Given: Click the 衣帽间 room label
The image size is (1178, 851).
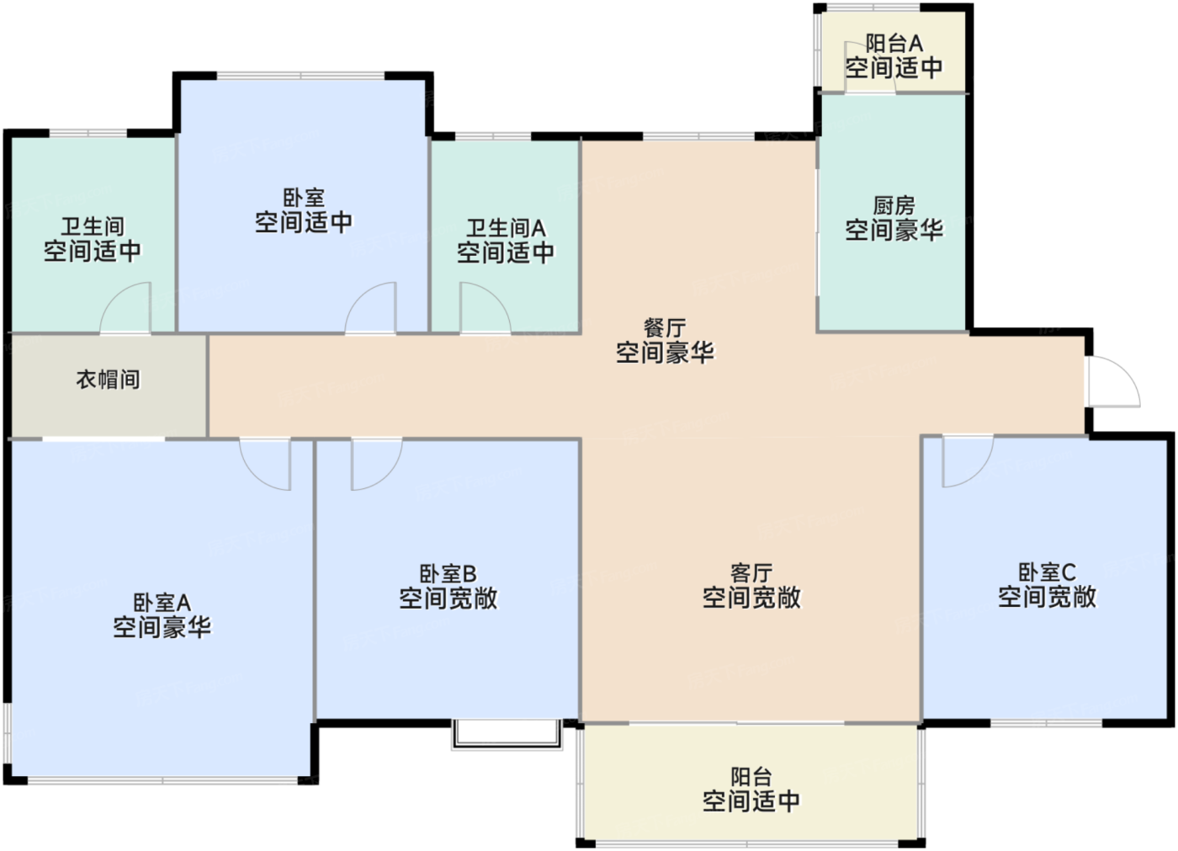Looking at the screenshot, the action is pyautogui.click(x=109, y=380).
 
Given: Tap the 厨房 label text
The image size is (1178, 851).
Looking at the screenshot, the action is pyautogui.click(x=894, y=205).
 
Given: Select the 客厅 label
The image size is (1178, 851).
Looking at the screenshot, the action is pyautogui.click(x=751, y=572).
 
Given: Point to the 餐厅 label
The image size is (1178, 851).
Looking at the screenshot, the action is pyautogui.click(x=666, y=328).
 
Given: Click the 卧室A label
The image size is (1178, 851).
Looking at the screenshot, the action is pyautogui.click(x=162, y=602).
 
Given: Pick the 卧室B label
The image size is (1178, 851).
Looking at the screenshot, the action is pyautogui.click(x=448, y=574).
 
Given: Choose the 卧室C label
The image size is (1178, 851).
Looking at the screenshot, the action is pyautogui.click(x=1047, y=572).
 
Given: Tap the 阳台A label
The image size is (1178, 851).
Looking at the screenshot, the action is pyautogui.click(x=894, y=43).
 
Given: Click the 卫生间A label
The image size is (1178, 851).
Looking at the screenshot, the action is pyautogui.click(x=506, y=228).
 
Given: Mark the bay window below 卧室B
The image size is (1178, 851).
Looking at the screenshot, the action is pyautogui.click(x=507, y=735).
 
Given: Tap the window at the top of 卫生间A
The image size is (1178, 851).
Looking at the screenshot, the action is pyautogui.click(x=493, y=136).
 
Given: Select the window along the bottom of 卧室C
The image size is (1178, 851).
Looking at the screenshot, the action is pyautogui.click(x=1047, y=724).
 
